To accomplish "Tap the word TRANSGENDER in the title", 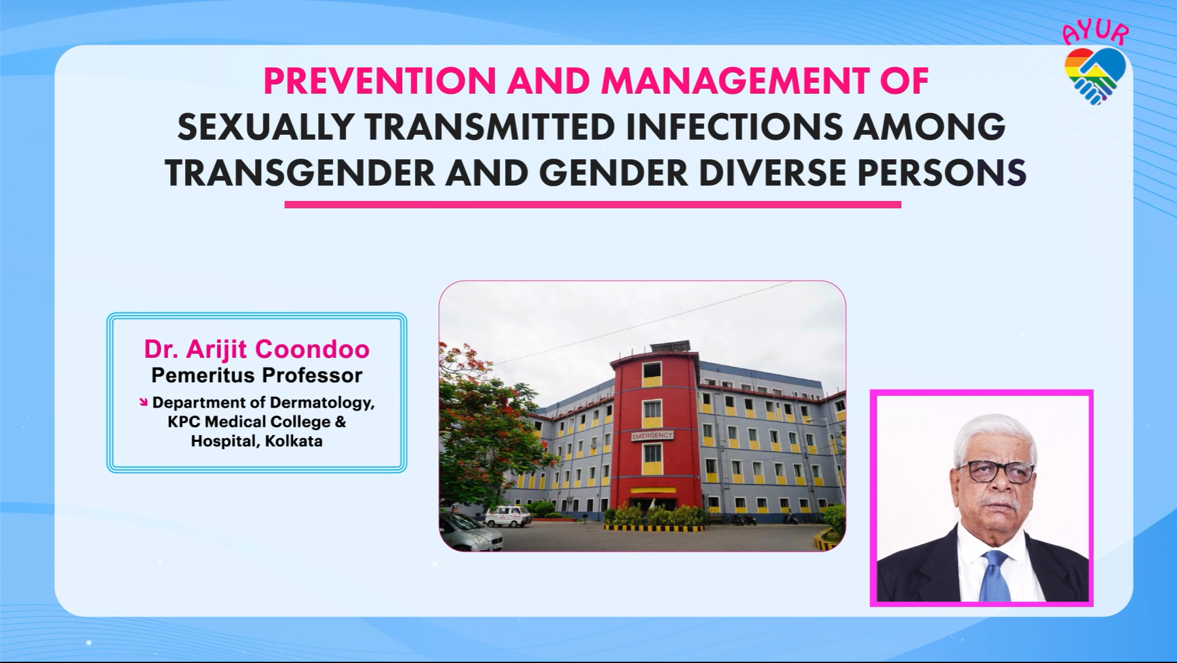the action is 300,173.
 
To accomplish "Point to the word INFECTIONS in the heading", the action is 734,127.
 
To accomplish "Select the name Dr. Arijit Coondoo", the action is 257,349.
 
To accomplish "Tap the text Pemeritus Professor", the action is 257,375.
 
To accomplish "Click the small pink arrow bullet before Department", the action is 143,402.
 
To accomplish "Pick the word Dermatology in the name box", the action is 322,403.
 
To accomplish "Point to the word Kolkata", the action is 294,441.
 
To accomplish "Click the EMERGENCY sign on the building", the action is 652,436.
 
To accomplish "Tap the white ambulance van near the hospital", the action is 508,517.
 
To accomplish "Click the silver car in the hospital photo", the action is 470,532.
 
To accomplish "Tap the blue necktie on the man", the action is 995,576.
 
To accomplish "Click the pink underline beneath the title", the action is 593,205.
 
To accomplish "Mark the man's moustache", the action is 998,504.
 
